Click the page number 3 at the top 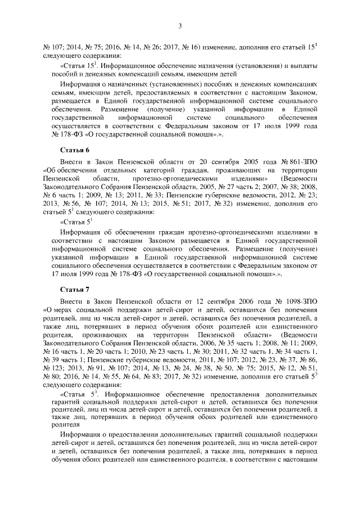179,25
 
